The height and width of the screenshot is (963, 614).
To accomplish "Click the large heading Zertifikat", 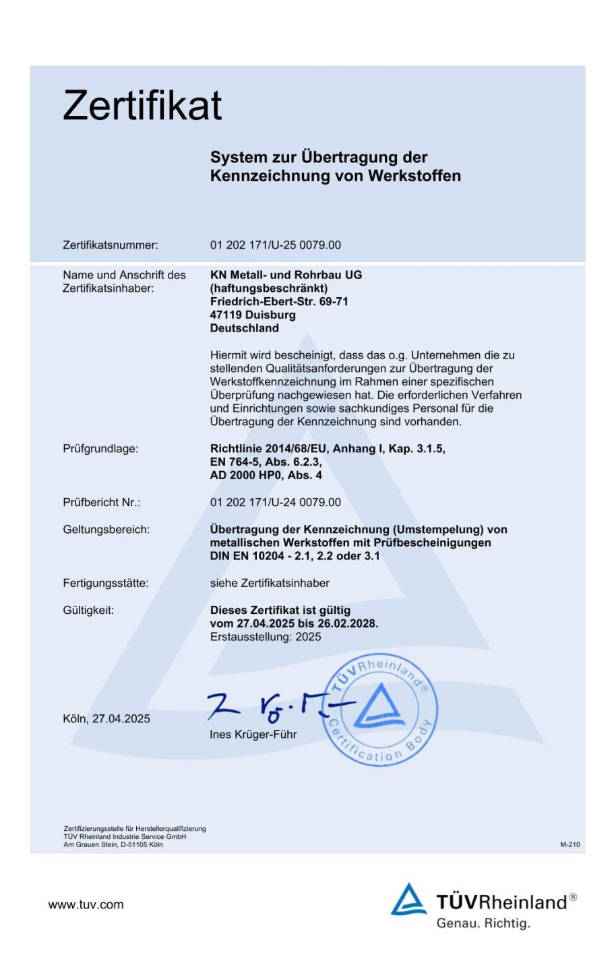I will [x=142, y=106].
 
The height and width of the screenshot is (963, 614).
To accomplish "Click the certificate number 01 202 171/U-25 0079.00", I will [x=275, y=245].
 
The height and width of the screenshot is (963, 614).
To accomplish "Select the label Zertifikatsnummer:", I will [x=111, y=245].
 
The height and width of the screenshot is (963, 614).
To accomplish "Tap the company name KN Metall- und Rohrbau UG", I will [x=286, y=275].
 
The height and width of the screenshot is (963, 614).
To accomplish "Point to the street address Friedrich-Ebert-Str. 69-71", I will [x=279, y=301].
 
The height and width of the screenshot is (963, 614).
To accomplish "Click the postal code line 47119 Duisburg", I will [x=253, y=315].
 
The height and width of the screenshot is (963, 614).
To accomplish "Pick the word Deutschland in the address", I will [x=244, y=328].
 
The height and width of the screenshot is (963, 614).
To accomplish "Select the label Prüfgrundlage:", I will [x=100, y=449].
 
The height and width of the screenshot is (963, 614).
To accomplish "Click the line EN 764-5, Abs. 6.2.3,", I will [x=266, y=462].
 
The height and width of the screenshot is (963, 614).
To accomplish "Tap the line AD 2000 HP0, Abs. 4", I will [x=266, y=475].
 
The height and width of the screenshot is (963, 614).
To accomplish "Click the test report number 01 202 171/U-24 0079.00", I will [x=275, y=503].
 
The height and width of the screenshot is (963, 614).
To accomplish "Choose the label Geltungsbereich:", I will [x=106, y=530].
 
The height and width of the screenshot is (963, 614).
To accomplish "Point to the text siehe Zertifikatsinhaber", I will [x=270, y=584].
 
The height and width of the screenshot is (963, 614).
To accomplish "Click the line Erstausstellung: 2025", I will [x=266, y=637].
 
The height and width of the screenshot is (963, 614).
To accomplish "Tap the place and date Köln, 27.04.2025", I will [x=106, y=719].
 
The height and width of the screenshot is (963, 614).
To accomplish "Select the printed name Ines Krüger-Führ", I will [x=253, y=735].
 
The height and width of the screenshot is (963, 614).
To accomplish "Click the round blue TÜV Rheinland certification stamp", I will [x=380, y=710].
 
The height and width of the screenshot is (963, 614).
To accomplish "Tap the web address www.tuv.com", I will [x=86, y=905].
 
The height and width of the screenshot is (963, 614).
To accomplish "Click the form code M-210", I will [x=570, y=844].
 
